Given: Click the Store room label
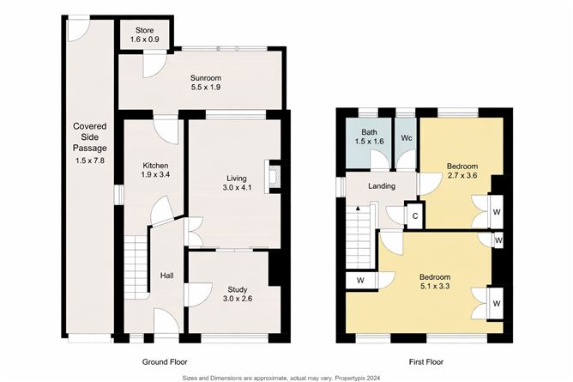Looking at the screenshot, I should point(143,30).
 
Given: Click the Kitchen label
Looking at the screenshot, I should point(155,166).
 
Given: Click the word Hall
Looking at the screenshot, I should point(166,276).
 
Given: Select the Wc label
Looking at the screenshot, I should point(407,137).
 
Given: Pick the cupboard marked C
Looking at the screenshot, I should point(414,216).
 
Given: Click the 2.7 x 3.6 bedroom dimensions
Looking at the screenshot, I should point(462,176).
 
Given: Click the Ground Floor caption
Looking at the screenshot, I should point(162,362).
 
